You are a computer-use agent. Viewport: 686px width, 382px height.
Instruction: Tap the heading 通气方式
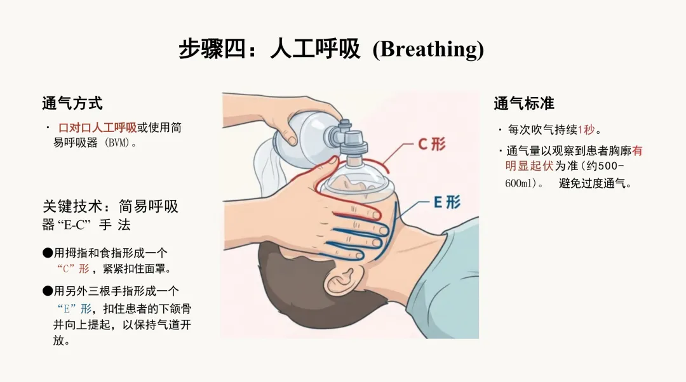[72, 103]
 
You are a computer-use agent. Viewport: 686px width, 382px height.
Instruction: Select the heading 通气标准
[523, 103]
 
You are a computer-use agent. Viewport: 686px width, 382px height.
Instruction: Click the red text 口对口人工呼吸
[97, 128]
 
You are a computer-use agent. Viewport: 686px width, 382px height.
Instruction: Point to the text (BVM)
[118, 143]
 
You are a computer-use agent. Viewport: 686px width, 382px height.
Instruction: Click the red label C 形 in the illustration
[431, 144]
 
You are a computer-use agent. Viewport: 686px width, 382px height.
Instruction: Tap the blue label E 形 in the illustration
[447, 202]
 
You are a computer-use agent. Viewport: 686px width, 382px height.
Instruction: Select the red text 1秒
[586, 130]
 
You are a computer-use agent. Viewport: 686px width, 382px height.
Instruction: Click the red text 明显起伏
[529, 166]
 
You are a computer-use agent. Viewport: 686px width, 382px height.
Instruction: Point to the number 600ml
[520, 183]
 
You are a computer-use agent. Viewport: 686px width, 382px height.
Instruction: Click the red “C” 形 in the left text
[73, 268]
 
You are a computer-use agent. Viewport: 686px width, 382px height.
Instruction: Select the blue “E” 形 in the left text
[74, 309]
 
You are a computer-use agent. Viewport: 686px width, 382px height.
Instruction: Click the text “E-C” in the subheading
[74, 225]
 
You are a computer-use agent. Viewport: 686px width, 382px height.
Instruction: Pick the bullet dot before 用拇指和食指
[47, 253]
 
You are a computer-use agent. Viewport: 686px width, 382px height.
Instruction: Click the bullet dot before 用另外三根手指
[47, 291]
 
